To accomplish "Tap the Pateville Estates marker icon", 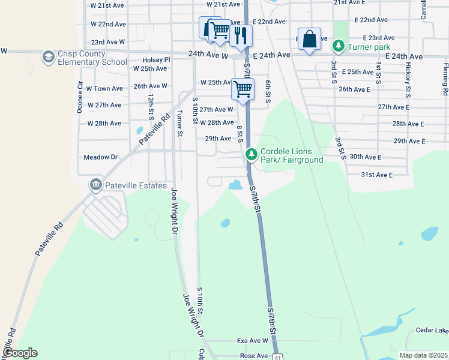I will [x=95, y=184].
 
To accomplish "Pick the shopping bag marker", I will [x=309, y=40].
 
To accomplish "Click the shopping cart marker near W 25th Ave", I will [x=243, y=89].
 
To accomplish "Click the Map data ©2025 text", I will [x=423, y=355].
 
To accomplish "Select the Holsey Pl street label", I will [x=156, y=60].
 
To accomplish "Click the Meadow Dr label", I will [x=100, y=157].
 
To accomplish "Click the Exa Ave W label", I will [x=252, y=341].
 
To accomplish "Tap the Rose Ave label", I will [x=253, y=356].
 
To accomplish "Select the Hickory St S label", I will [x=408, y=79].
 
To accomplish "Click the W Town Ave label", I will [x=104, y=88].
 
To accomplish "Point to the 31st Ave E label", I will [x=376, y=175].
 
